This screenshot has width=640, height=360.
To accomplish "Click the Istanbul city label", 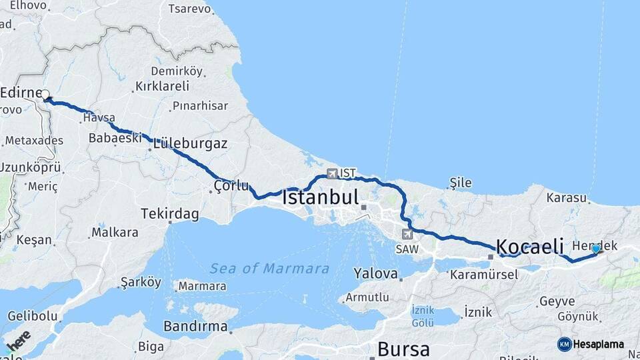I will pos(320,198).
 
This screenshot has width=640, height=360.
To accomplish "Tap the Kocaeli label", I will pos(529,245).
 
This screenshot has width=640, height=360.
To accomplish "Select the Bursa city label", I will pos(403,349).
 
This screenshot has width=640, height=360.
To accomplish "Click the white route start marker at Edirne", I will pos(46,95).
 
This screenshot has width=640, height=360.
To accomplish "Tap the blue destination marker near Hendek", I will pos(595,249).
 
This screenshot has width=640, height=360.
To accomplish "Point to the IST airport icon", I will pos(332,173).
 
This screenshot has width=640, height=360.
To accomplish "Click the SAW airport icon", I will pos(407,234).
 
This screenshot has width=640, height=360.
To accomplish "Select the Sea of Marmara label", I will pos(269,269).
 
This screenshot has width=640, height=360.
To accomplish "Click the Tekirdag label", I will pos(170,214).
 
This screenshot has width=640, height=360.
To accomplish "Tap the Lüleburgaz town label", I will pos(190,143).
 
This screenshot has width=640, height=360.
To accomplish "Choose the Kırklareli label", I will pos(162,86).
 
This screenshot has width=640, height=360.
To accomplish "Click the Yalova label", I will pos(376,273).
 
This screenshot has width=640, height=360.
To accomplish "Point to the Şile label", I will pos(461,183).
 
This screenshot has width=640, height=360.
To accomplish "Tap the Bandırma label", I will pos(195,327).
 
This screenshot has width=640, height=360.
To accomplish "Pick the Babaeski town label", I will pos(115,138).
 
